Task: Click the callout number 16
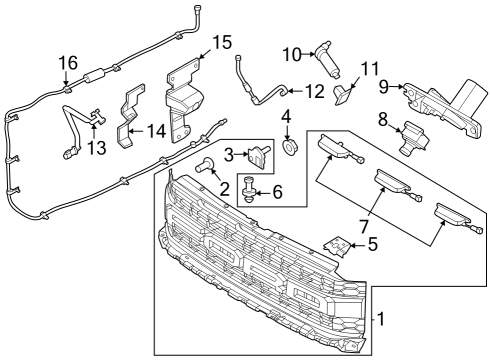(66, 63)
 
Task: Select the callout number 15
(221, 42)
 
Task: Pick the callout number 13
(96, 148)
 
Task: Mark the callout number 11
(371, 70)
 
